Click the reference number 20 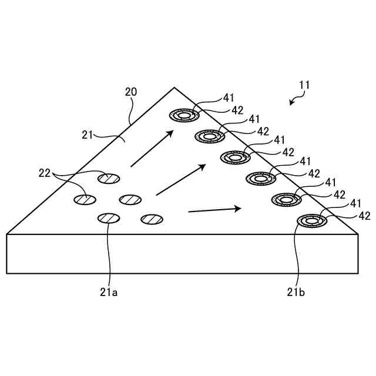pos(131,92)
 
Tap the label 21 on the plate pos(88,135)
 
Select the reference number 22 pos(45,173)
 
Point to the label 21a pos(109,291)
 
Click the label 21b pos(296,291)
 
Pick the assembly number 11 pos(303,85)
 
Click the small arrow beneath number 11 pos(293,101)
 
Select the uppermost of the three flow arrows pos(152,149)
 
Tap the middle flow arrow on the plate pos(180,180)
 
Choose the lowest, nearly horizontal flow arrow pos(214,209)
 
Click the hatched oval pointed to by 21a pos(109,219)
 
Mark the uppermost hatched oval pos(109,177)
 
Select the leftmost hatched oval pos(85,200)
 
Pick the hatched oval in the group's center pos(130,199)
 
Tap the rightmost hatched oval pos(152,219)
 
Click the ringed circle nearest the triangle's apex pos(184,116)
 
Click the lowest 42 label pos(364,216)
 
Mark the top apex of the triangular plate pos(174,88)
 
